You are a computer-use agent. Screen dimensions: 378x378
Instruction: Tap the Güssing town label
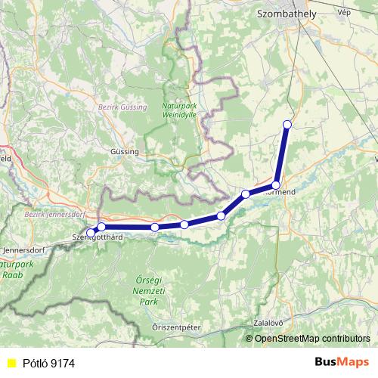[x=125, y=151]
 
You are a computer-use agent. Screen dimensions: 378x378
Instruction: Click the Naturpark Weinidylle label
[x=179, y=110]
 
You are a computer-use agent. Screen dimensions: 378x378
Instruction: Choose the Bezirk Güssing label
[x=119, y=108]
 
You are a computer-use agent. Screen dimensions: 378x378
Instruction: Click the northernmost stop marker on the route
[x=287, y=124]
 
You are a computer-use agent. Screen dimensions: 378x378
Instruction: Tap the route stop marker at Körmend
[x=276, y=184]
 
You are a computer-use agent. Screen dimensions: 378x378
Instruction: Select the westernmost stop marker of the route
[x=91, y=232]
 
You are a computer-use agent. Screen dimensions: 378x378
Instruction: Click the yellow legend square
[x=11, y=362]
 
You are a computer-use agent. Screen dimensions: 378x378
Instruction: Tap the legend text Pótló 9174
[x=47, y=362]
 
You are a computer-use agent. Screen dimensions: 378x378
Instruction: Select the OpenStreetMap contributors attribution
[x=312, y=338]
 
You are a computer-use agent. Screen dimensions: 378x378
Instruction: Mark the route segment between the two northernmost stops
[x=281, y=154]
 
